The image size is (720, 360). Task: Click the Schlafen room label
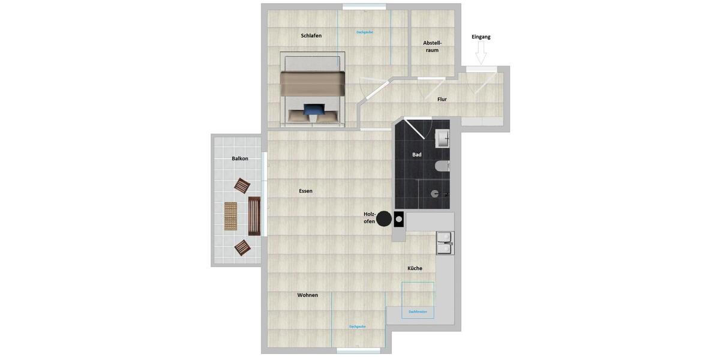click(311, 35)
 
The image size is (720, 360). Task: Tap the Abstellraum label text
click(432, 46)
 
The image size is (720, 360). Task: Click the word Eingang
click(481, 37)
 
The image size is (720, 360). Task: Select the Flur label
click(442, 99)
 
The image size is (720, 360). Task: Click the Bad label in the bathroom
click(416, 154)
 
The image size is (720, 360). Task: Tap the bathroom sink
click(442, 139)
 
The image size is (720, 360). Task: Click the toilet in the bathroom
click(443, 166)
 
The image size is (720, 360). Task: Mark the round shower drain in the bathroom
click(435, 194)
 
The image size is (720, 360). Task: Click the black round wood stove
click(384, 218)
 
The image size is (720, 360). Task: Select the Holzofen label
click(369, 218)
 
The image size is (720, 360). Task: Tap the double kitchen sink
click(445, 243)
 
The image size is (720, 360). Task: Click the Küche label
click(415, 268)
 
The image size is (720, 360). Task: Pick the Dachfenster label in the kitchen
click(418, 311)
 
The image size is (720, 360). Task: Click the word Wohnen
click(307, 295)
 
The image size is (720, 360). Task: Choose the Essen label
click(305, 191)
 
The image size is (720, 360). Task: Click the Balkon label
click(239, 158)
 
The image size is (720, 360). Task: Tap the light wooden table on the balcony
click(231, 216)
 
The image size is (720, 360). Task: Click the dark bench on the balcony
click(254, 216)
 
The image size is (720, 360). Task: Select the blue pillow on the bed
click(313, 109)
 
